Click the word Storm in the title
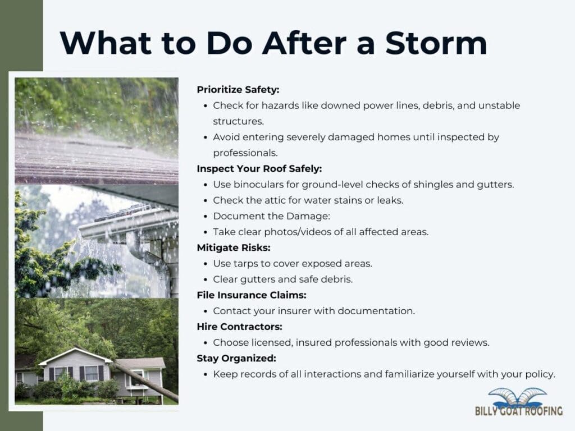(436, 43)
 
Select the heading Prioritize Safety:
(238, 89)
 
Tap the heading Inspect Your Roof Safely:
(259, 168)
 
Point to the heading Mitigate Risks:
(234, 247)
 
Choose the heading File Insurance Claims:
(252, 295)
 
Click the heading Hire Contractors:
(239, 327)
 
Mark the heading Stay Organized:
(236, 359)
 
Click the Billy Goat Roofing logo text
(518, 411)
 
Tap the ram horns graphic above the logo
(517, 397)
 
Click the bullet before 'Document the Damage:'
(206, 216)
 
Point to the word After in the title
(304, 43)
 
